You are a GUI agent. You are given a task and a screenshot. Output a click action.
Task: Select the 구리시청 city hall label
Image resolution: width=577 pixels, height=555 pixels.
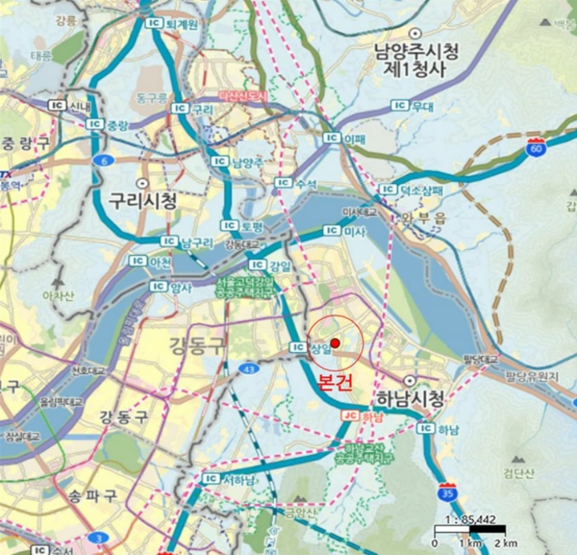click(143, 200)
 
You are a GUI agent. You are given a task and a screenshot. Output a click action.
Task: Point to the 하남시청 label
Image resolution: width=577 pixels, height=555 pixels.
click(410, 400)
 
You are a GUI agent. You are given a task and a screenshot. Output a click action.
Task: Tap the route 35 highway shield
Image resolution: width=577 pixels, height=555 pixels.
click(448, 492)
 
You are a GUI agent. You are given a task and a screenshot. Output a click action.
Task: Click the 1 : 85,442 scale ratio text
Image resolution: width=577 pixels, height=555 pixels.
click(468, 519)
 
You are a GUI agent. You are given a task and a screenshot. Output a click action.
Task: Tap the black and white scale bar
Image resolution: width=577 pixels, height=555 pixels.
click(470, 530)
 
